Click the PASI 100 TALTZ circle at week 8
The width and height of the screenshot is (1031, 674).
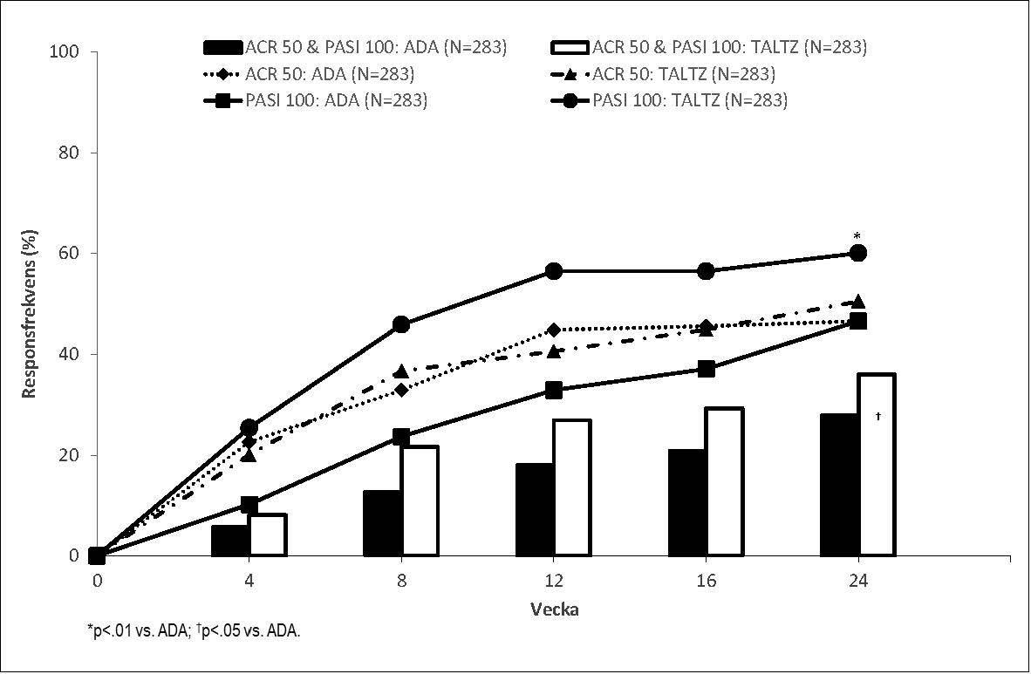tap(401, 324)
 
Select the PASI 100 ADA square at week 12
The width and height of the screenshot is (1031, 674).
tap(554, 390)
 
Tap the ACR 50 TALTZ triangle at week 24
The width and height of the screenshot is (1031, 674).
tap(858, 301)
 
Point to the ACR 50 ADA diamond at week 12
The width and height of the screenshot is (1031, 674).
tap(554, 330)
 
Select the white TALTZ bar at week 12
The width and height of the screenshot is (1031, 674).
tap(572, 488)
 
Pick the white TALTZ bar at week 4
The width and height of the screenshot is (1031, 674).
tap(267, 535)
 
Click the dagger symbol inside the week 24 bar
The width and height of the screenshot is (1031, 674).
tap(878, 417)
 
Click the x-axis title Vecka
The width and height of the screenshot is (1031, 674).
tap(555, 609)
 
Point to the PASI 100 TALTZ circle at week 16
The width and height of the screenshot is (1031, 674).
tap(707, 270)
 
